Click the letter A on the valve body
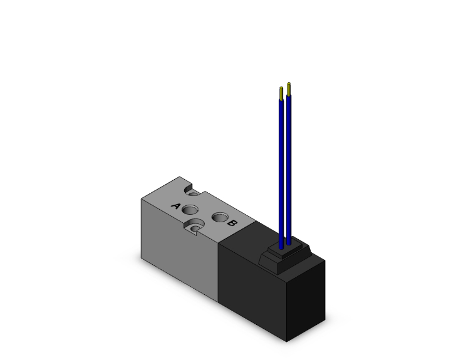[x=176, y=206]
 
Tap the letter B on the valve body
[x=231, y=222]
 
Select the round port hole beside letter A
[x=192, y=209]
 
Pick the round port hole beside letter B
[x=219, y=217]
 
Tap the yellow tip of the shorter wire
[x=281, y=93]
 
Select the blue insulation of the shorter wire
[x=281, y=169]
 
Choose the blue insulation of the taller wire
[x=289, y=163]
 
